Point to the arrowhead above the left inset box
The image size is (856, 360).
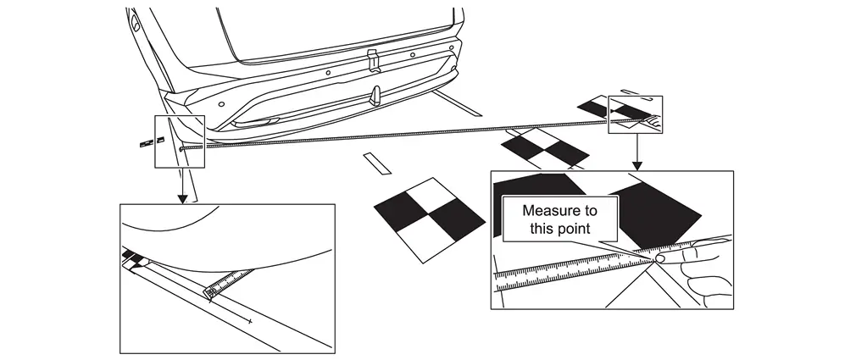(181, 198)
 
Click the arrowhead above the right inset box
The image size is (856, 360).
(636, 164)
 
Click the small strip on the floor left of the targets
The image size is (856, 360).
(375, 162)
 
